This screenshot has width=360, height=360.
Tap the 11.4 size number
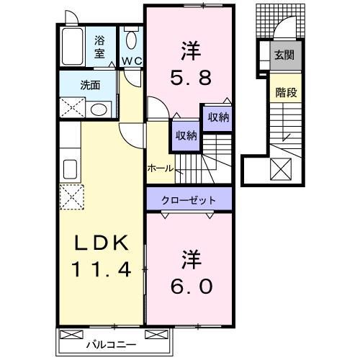101,271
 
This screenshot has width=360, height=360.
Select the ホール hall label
160,168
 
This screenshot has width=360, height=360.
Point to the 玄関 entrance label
284,55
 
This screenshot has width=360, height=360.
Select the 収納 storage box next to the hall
184,135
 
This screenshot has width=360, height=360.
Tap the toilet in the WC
131,40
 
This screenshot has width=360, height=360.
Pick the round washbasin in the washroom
100,109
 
